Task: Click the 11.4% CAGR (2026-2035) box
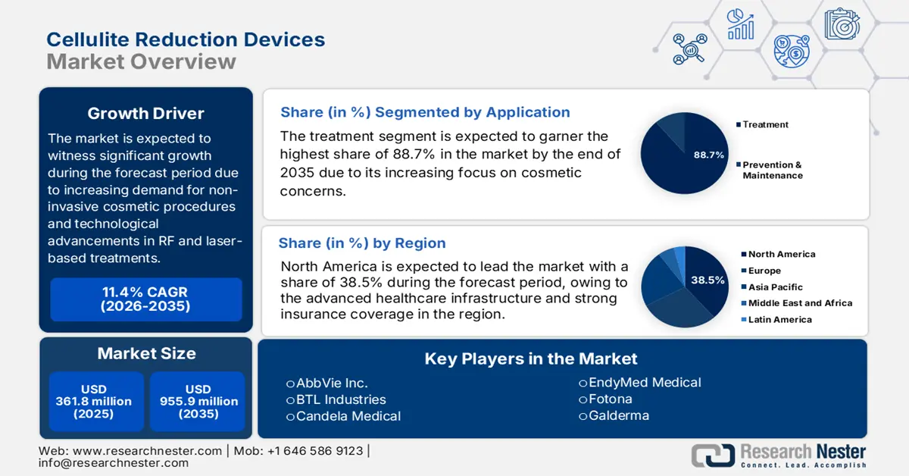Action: pos(145,299)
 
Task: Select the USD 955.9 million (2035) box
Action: pos(198,402)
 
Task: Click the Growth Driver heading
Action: pos(145,114)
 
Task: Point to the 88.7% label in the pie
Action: pos(709,155)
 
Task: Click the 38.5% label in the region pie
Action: pos(707,280)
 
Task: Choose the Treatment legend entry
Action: pos(765,124)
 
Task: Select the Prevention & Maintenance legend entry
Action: pos(771,170)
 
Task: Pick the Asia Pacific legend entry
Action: pos(775,287)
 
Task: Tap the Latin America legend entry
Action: pos(779,319)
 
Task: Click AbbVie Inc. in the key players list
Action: pos(331,383)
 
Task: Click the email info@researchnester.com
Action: pos(114,462)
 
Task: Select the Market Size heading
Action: pos(145,353)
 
